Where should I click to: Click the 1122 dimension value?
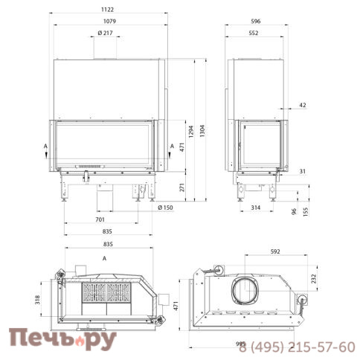(x=107, y=10)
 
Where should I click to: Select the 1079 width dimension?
(x=109, y=21)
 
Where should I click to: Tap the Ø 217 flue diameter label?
(x=105, y=33)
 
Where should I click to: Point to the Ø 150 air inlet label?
(x=165, y=208)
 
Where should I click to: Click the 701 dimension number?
(x=100, y=219)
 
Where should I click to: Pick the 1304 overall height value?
(x=202, y=131)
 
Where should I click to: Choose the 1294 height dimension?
(x=191, y=132)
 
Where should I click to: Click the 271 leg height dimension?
(x=182, y=187)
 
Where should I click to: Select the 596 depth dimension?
(x=256, y=21)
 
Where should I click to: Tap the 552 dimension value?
(x=254, y=33)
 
